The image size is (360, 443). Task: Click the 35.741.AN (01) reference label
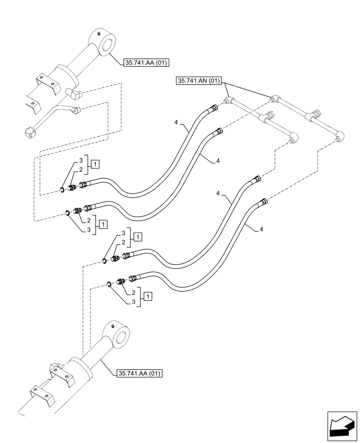[200, 81]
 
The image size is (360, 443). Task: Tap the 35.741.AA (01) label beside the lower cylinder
[139, 374]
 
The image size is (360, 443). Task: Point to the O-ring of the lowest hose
[108, 284]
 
